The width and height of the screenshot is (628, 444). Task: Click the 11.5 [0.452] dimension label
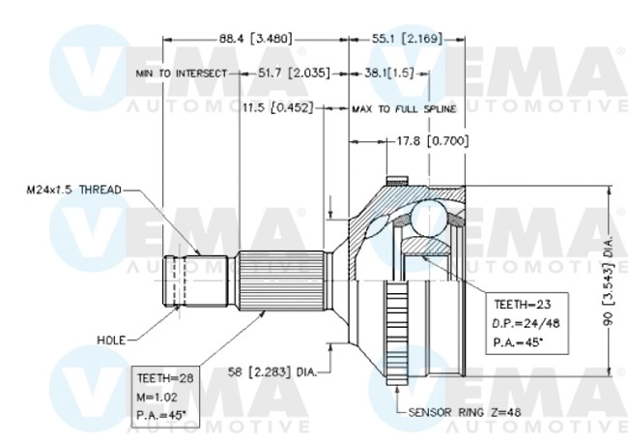coord(278,106)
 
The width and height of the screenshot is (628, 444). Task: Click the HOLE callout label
coord(112,339)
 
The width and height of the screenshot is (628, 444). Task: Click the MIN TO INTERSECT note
coord(182,74)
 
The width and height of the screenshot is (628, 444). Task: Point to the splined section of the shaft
coord(280,282)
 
